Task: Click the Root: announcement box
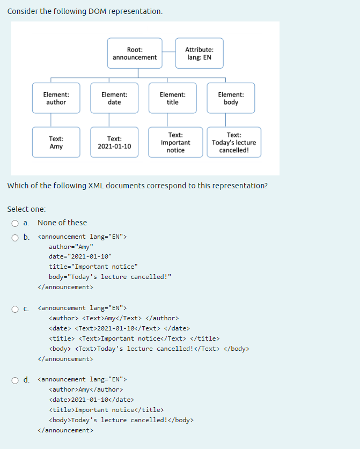[x=135, y=53]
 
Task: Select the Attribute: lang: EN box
[x=199, y=53]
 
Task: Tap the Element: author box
[x=56, y=98]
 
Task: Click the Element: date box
[x=114, y=98]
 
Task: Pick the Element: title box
[x=173, y=98]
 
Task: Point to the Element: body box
[x=231, y=98]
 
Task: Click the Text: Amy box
[x=56, y=142]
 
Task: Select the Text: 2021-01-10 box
[x=114, y=142]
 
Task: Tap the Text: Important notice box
[x=175, y=142]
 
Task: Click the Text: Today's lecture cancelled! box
[x=234, y=142]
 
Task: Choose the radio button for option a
[x=16, y=223]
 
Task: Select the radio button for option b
[x=16, y=237]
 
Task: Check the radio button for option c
[x=16, y=308]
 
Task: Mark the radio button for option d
[x=16, y=380]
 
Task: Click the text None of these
[x=62, y=223]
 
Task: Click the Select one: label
[x=26, y=209]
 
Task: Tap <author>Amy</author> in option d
[x=86, y=389]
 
